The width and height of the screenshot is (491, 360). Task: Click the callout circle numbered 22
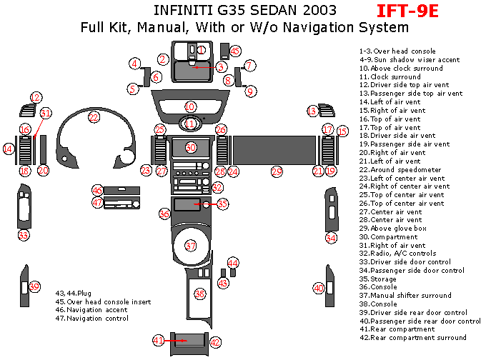94,117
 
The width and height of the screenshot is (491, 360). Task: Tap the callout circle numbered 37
190,246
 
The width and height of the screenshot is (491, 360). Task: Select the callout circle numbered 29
277,171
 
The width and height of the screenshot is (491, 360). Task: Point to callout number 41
158,340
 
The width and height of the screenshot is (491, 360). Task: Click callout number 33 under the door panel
24,234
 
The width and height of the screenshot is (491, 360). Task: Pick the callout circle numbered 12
36,97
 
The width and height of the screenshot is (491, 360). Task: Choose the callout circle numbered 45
235,51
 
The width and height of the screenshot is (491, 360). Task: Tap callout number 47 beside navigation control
98,203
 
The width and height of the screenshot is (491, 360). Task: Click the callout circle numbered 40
319,288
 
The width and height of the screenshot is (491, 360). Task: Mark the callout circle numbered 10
190,106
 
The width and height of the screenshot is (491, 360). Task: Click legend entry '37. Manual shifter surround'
405,296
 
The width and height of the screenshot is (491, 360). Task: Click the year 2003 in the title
314,11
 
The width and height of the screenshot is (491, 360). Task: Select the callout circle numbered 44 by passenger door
331,237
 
